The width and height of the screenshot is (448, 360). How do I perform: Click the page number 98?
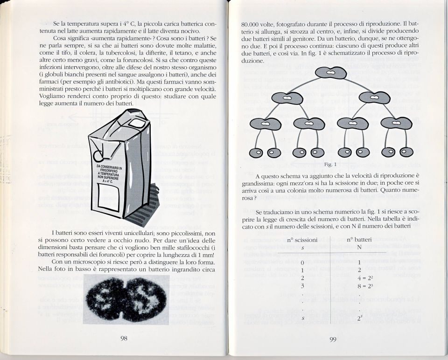pos(124,339)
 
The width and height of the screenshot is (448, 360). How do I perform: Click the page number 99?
pos(333,339)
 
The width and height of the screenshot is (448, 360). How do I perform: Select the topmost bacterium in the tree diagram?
pos(330,73)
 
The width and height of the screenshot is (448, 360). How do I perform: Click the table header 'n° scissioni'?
pos(302,240)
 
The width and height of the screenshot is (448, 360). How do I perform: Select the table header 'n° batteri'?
pos(359,240)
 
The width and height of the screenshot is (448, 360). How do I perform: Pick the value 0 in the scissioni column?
pos(302,263)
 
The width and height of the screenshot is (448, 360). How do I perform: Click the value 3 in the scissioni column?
pos(302,286)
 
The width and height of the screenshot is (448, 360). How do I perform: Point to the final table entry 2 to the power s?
pos(359,318)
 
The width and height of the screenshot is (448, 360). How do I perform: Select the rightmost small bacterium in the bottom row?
pos(406,152)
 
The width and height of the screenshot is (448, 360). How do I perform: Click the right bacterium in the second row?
pos(377,98)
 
